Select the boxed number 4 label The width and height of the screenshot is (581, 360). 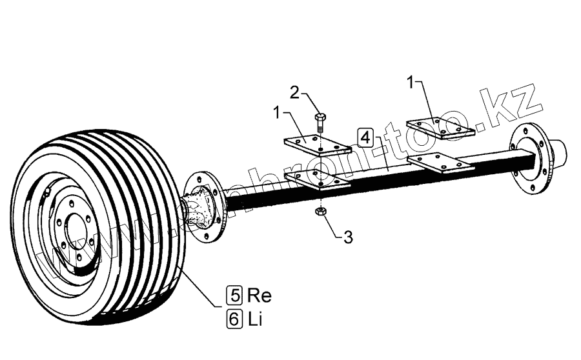(x=365, y=138)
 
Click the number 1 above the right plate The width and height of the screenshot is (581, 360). (x=411, y=82)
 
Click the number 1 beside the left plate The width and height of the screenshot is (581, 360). (x=278, y=113)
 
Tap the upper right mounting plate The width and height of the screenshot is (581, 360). (x=440, y=128)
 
